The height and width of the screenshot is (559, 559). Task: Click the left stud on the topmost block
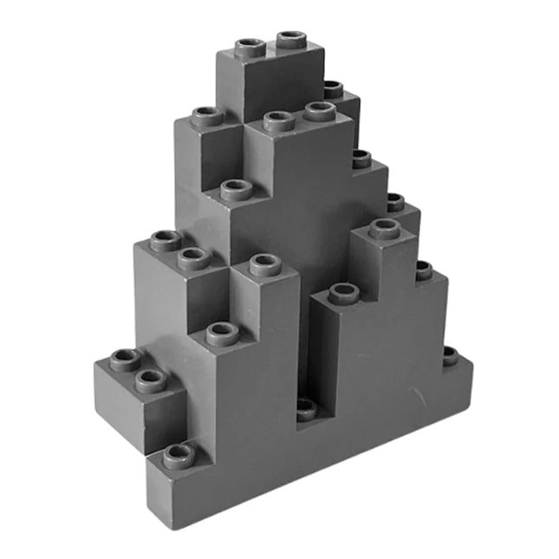pos(250,47)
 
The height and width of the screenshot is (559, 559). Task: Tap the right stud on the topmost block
pos(292,40)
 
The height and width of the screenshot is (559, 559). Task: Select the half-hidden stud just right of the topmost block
pos(334,88)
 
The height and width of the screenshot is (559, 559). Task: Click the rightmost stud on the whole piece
pos(450,355)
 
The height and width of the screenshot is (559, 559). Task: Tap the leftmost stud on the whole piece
pos(126,360)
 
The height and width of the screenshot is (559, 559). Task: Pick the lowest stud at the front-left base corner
pos(179,453)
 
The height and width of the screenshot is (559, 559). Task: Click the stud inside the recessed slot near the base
pos(306,407)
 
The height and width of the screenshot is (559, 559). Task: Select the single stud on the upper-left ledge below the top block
pos(207,116)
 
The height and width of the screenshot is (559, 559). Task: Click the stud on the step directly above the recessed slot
pos(343,293)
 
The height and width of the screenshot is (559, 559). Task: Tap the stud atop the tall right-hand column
pos(385,229)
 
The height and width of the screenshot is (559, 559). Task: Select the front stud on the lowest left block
pos(151,379)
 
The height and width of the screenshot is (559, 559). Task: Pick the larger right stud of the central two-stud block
pos(320,110)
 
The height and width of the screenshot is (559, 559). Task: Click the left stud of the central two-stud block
pos(279,120)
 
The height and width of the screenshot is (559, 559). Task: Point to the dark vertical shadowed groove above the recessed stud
pos(304,347)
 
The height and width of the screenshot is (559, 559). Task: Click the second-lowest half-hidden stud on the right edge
pos(423,270)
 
